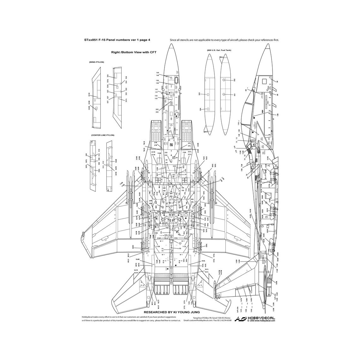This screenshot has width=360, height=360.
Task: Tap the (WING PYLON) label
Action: coord(96,62)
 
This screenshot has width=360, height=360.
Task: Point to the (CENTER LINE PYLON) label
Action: coord(102,135)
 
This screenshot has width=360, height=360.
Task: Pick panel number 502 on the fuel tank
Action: coord(235,80)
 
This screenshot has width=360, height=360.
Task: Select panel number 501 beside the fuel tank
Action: coord(235,94)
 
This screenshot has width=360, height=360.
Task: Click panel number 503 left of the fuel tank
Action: coord(200,94)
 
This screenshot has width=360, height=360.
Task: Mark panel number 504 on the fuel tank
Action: coord(200,109)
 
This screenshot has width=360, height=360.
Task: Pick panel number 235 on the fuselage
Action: coord(174,166)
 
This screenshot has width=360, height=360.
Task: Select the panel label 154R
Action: coord(159,153)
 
